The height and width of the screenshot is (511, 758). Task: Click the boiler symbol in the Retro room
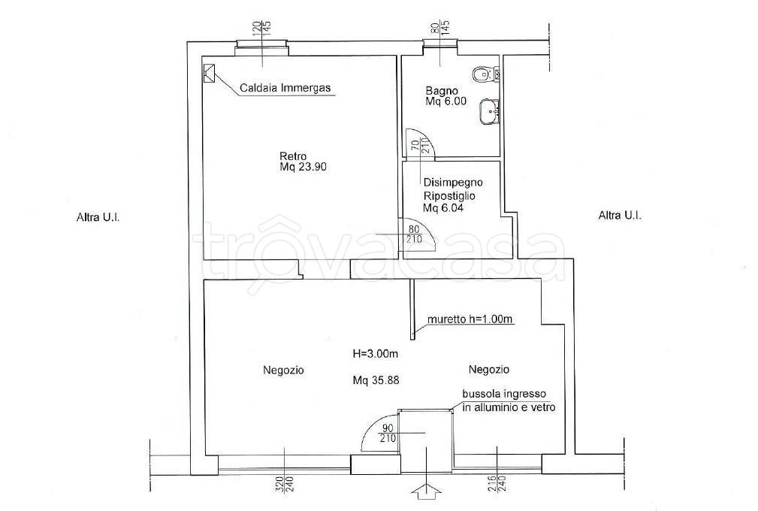(x=210, y=74)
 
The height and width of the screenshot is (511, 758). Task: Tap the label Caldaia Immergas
(x=285, y=88)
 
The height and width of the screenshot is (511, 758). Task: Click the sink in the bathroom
(x=489, y=112)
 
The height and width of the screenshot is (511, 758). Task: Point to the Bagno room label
(x=442, y=90)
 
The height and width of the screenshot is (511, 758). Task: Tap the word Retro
(x=293, y=156)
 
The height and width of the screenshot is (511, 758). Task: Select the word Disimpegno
(x=453, y=183)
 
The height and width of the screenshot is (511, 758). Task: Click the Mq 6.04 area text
(x=444, y=208)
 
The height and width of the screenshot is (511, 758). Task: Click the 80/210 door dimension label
(x=415, y=234)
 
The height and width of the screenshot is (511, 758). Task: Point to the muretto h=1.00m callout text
(x=470, y=319)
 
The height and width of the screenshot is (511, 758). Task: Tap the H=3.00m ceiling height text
(x=376, y=354)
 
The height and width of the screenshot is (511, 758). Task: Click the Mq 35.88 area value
(x=376, y=380)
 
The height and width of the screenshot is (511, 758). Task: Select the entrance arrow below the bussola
(x=426, y=491)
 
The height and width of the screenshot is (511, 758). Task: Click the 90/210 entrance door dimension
(x=388, y=433)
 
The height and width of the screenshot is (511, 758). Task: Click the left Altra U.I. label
(x=98, y=217)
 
